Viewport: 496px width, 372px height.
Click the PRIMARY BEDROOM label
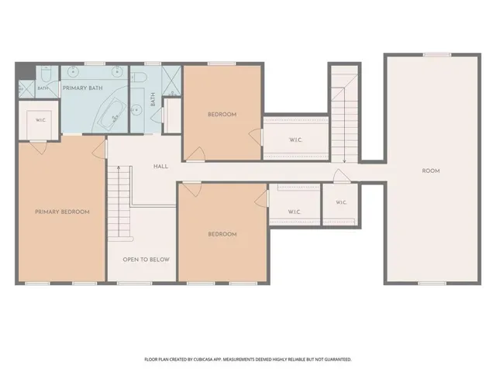pos(62,212)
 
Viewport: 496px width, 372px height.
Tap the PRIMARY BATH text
pos(83,88)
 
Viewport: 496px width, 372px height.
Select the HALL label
pos(160,167)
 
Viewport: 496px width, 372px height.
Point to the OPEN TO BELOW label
pos(146,260)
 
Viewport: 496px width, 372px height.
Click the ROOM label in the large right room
pos(431,170)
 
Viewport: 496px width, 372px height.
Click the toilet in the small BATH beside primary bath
pos(46,74)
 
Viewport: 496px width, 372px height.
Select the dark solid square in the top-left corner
pos(25,71)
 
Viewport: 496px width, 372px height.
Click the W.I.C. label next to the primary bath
pos(41,120)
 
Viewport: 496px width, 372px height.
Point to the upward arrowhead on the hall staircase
pos(119,168)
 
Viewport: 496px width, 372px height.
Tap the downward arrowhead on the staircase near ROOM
pos(344,161)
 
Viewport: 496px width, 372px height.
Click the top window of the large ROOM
pos(437,55)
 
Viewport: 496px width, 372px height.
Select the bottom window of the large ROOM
pos(432,284)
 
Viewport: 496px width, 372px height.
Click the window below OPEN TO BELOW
pos(134,284)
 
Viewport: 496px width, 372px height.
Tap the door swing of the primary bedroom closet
pos(39,148)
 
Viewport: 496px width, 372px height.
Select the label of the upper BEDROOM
pos(222,115)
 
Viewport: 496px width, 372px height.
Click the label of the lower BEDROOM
pos(222,234)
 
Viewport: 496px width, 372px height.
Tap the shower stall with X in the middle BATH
pos(171,81)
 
